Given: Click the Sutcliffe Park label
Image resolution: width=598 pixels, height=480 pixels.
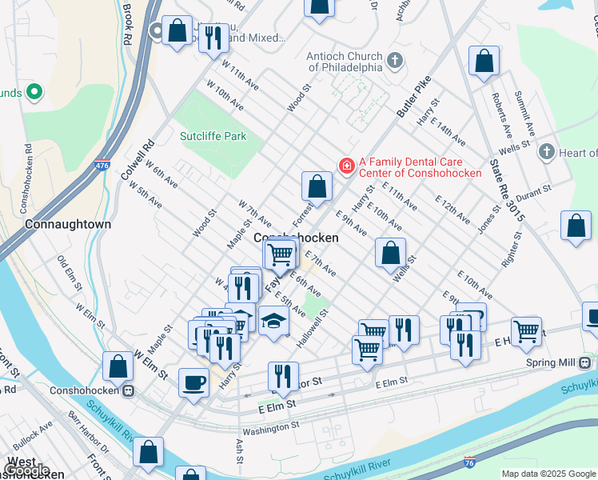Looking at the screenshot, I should pos(213,136).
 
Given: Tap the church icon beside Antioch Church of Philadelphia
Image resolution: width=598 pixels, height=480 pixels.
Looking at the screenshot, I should pos(394,60).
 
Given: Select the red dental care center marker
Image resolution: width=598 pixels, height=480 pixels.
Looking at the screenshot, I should pos(346,166).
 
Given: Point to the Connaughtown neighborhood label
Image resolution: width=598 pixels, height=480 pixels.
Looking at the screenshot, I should pos(68,224).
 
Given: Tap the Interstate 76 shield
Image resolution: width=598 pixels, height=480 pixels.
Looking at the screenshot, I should pos(469,462).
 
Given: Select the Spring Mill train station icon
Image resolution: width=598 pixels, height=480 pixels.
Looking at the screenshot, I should pos(585,362).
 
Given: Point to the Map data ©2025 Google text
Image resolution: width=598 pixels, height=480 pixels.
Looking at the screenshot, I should pos(548,474).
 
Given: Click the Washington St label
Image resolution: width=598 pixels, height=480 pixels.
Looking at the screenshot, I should pos(271,427).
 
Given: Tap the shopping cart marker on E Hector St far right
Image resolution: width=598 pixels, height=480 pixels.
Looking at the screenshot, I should pos(525,330).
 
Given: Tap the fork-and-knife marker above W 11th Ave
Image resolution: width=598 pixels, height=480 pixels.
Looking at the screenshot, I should pos(213,37).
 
